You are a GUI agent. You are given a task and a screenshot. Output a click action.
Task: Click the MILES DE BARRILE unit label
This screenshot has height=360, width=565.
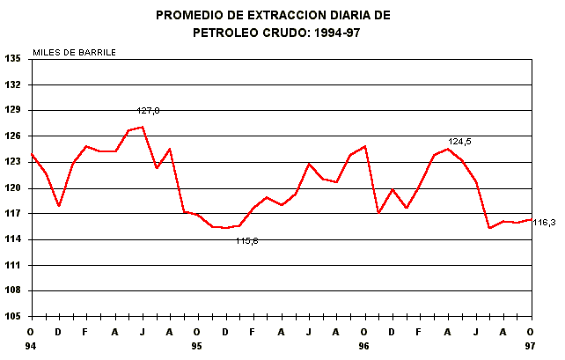(x=74, y=51)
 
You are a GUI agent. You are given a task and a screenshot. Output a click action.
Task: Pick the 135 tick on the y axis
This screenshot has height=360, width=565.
(x=13, y=59)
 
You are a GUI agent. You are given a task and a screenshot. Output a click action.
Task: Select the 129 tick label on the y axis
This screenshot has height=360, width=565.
(x=13, y=110)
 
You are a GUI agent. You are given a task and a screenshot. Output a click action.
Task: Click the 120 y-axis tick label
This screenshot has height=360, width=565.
(x=13, y=187)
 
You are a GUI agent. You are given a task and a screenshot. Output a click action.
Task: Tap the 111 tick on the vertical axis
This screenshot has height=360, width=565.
(x=13, y=265)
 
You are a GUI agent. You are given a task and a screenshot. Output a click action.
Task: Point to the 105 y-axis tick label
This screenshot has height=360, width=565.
(x=13, y=316)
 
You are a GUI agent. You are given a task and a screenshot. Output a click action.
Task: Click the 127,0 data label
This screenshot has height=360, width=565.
(x=148, y=111)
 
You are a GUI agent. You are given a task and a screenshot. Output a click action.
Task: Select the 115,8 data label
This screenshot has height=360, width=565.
(x=246, y=240)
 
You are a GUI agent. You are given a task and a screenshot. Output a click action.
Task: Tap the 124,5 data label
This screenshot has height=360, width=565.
(x=459, y=141)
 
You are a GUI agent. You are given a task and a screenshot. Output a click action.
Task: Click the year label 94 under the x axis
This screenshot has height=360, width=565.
(x=32, y=347)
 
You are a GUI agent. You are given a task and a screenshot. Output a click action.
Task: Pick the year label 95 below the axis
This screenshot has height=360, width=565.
(x=197, y=347)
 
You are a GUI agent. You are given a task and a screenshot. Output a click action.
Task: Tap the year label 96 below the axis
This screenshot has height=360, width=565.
(x=363, y=347)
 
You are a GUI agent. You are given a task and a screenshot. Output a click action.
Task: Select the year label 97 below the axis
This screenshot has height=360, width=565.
(x=530, y=347)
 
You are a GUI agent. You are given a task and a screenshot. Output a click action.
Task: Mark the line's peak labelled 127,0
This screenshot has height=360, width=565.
(x=143, y=127)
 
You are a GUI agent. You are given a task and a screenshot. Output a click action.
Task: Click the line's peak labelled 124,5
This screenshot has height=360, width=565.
(x=448, y=149)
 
